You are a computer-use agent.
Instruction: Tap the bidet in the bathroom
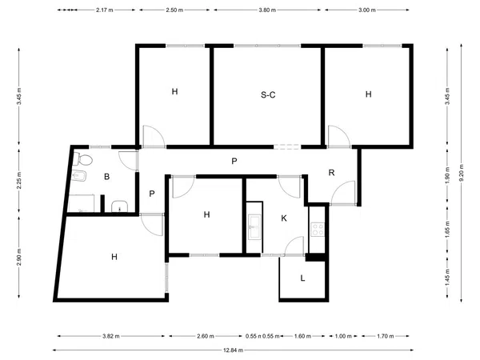[79, 176]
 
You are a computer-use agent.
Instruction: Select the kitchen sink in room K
[254, 226]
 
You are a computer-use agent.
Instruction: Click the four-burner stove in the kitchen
[318, 230]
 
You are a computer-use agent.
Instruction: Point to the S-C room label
[268, 95]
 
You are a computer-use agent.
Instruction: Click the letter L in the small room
[302, 278]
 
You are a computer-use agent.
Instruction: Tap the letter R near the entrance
[331, 173]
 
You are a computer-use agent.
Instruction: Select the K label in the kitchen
[284, 218]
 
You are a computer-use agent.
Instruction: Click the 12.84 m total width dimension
[234, 350]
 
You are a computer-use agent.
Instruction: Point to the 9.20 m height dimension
[462, 173]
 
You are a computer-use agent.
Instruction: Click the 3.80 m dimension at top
[267, 10]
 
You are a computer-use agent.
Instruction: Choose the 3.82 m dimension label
[111, 336]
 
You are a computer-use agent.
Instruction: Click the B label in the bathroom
[107, 177]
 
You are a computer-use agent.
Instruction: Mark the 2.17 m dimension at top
[104, 10]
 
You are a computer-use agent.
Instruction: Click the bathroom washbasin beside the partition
[119, 206]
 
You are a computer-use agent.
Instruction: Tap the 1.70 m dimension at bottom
[385, 336]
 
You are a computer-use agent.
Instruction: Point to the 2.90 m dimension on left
[19, 258]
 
